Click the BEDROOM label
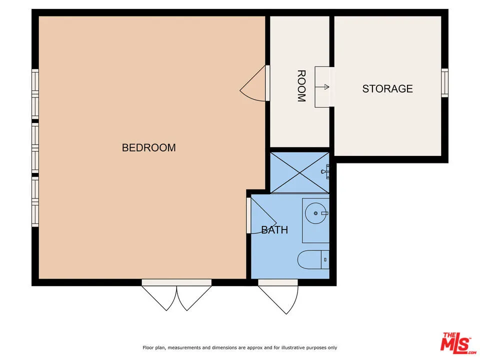tap(148, 148)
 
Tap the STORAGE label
tap(387, 89)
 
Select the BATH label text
tap(274, 230)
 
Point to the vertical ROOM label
tap(301, 86)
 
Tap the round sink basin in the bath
tap(315, 214)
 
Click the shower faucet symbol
tap(326, 171)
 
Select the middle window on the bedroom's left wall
tap(35, 148)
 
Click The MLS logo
tap(455, 343)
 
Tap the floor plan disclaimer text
tap(240, 347)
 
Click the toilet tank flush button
tap(325, 259)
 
